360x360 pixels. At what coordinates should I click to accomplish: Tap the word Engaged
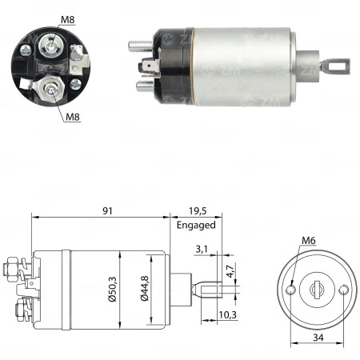coord(195,225)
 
